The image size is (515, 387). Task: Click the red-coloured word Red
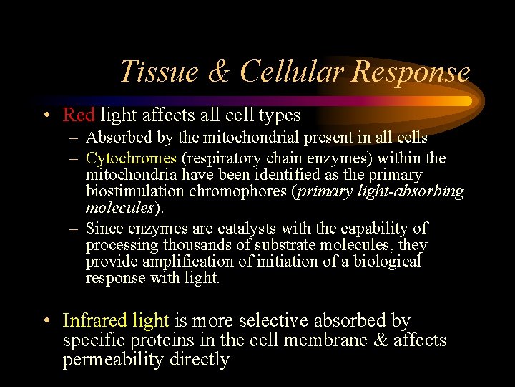pos(79,115)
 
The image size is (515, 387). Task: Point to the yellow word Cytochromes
pos(131,158)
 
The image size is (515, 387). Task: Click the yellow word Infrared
pos(94,321)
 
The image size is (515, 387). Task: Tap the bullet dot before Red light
pos(46,115)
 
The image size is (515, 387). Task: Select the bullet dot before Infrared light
pos(46,322)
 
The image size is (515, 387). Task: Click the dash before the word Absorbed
pos(74,138)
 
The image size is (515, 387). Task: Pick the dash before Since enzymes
pos(74,229)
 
